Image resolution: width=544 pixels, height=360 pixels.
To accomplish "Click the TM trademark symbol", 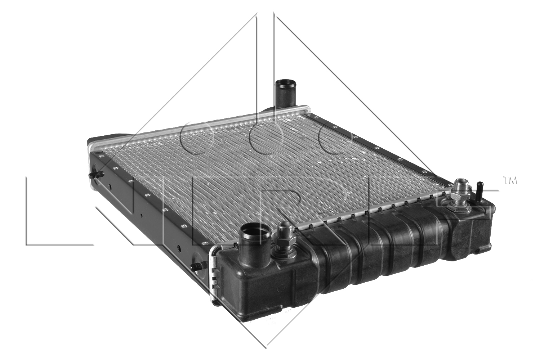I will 509,180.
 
